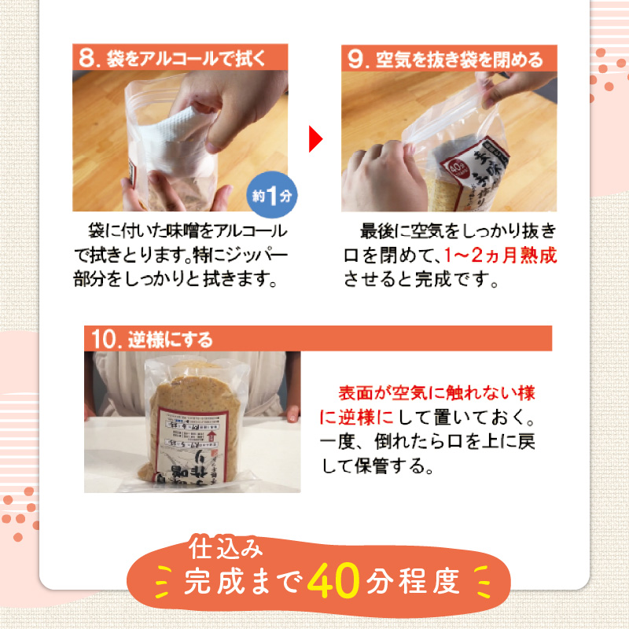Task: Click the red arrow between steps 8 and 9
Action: pos(315,140)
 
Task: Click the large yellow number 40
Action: pos(334,582)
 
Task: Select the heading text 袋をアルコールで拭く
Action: pos(186,57)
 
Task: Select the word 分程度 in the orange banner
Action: pos(413,583)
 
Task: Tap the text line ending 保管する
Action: pos(378,465)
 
